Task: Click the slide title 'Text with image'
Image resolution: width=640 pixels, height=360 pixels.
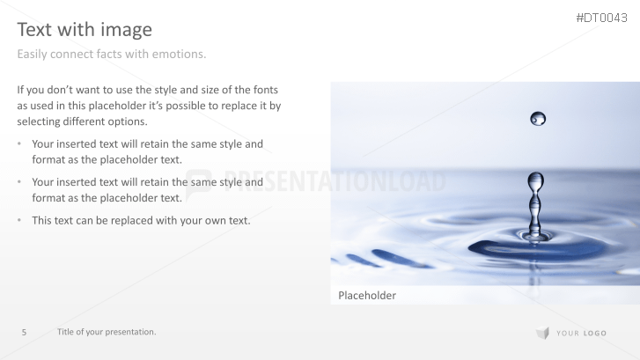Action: point(85,30)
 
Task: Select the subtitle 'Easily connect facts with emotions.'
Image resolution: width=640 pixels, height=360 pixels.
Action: point(112,55)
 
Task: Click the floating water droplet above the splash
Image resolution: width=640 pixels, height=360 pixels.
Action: point(538,118)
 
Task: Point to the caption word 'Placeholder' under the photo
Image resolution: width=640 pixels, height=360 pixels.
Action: point(367,296)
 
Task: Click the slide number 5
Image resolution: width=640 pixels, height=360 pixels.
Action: point(25,332)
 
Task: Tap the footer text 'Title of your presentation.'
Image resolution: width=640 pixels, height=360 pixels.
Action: point(107,332)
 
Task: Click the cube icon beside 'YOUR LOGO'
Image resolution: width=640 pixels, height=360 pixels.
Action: point(541,333)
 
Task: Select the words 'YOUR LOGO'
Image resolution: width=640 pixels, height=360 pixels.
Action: point(581,334)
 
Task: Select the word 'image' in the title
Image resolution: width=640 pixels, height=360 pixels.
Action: point(128,30)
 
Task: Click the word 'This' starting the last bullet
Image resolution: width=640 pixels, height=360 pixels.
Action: point(42,220)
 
